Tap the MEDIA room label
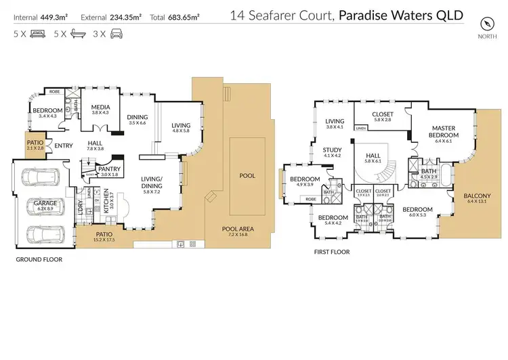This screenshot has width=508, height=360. pyautogui.click(x=100, y=108)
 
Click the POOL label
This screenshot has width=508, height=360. pyautogui.click(x=248, y=176)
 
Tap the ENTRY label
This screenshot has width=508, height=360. pyautogui.click(x=64, y=145)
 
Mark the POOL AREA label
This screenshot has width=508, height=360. pyautogui.click(x=238, y=229)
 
